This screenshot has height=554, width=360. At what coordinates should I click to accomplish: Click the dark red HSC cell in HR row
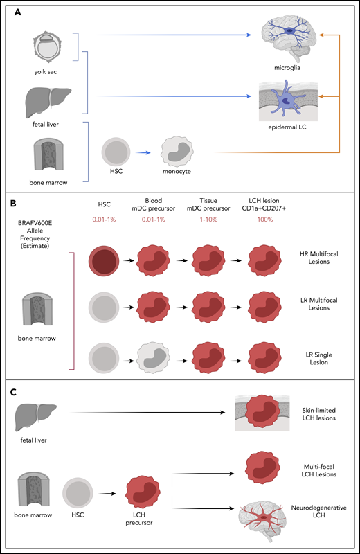(107, 256)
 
